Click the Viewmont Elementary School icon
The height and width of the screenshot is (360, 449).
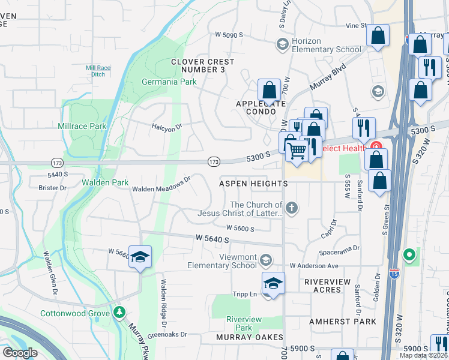tap(266, 260)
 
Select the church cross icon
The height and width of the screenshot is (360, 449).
tap(292, 208)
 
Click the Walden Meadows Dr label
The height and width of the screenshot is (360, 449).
tap(161, 184)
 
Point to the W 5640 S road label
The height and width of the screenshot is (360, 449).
tap(213, 239)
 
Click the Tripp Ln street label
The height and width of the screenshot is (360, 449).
tap(244, 295)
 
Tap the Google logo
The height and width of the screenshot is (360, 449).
tap(20, 352)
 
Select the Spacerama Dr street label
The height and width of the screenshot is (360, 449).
tap(340, 247)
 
